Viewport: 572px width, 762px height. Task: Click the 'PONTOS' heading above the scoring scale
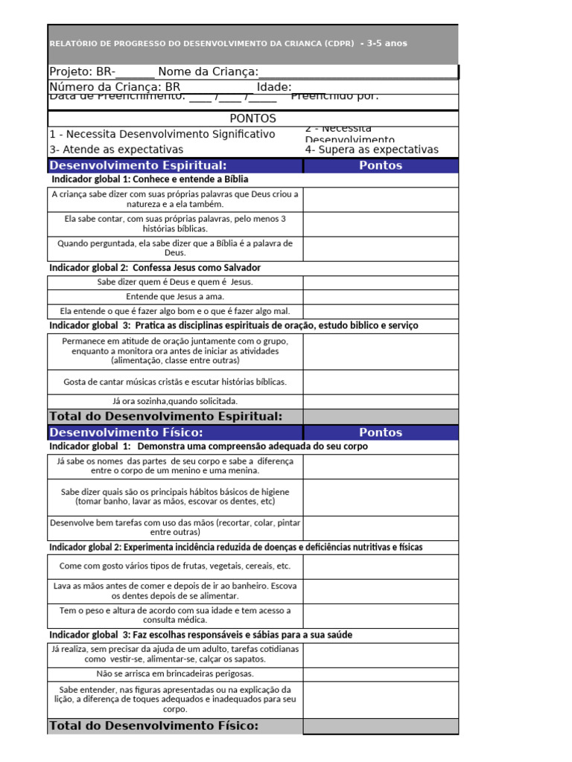point(252,118)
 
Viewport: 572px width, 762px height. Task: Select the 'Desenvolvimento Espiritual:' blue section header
point(138,165)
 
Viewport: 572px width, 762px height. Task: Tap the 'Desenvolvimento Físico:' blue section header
point(126,432)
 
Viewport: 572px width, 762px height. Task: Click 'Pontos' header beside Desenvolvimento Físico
point(380,432)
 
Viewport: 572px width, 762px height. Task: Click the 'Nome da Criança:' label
point(208,71)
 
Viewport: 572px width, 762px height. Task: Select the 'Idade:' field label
point(273,88)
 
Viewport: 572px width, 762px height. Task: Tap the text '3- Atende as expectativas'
point(116,150)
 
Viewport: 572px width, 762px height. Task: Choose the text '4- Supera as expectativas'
point(372,150)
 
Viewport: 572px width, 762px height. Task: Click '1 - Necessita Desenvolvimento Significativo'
point(162,134)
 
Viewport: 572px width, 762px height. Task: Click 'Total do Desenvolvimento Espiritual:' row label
point(165,416)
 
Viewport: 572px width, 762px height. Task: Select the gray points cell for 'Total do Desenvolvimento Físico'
point(380,726)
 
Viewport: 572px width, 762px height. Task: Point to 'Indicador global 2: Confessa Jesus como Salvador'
point(155,268)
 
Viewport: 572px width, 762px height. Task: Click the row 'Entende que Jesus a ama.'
point(175,296)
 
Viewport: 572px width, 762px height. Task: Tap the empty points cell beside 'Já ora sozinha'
point(380,401)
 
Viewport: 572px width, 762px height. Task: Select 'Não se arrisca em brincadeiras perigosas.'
point(175,673)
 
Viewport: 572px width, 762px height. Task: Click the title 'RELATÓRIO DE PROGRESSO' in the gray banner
point(201,43)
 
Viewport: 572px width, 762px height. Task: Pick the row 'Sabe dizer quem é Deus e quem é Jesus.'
point(175,282)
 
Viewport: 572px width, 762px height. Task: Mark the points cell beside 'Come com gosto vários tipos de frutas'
point(380,566)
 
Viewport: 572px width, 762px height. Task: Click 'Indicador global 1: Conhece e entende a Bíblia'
point(150,179)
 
